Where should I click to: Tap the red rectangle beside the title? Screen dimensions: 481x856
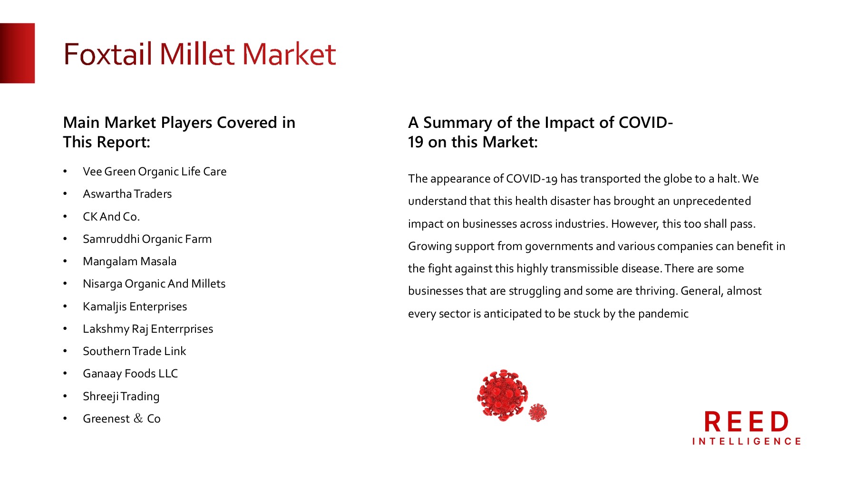[x=17, y=53]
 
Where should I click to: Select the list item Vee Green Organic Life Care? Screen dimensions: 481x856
[x=155, y=172]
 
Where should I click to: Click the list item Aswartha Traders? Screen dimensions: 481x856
[x=127, y=194]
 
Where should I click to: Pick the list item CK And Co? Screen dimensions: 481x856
[x=111, y=217]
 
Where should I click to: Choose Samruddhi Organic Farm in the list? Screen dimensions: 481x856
[x=147, y=239]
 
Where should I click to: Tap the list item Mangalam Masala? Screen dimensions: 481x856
[x=129, y=261]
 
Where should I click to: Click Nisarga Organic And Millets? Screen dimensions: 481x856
[x=154, y=284]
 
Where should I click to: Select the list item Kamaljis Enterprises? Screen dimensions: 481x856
[x=135, y=307]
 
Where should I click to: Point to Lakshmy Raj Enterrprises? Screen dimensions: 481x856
[x=147, y=329]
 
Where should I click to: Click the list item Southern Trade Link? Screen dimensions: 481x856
[x=134, y=351]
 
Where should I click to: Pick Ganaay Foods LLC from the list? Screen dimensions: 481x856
[x=130, y=374]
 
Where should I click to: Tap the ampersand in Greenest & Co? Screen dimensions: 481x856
[x=138, y=418]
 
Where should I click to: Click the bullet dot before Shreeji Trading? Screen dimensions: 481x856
[x=65, y=396]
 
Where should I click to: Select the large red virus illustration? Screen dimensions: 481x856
[x=503, y=395]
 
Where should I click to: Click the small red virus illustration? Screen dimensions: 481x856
[x=538, y=413]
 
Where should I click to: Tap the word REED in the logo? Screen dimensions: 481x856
[x=746, y=422]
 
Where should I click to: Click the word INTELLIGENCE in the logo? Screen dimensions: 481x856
[x=746, y=442]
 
